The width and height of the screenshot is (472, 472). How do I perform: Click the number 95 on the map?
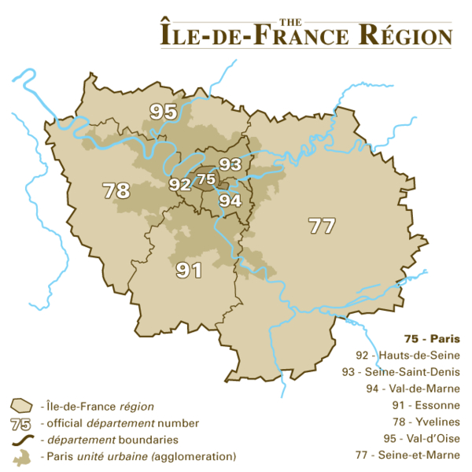tap(164, 112)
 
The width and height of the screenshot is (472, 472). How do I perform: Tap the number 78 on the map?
tap(116, 190)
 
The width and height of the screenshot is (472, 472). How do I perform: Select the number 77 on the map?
tap(322, 227)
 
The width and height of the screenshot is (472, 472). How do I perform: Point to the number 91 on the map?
tap(189, 271)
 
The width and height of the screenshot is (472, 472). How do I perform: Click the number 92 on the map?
tap(179, 185)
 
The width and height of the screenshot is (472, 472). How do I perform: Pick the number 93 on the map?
tap(230, 164)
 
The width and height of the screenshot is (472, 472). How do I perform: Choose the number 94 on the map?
tap(230, 200)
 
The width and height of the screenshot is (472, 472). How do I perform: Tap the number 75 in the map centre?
tap(206, 179)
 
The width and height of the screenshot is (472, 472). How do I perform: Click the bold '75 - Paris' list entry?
tap(432, 340)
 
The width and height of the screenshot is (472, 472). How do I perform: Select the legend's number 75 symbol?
tap(20, 423)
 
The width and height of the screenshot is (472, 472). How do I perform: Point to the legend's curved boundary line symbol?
tap(20, 440)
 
